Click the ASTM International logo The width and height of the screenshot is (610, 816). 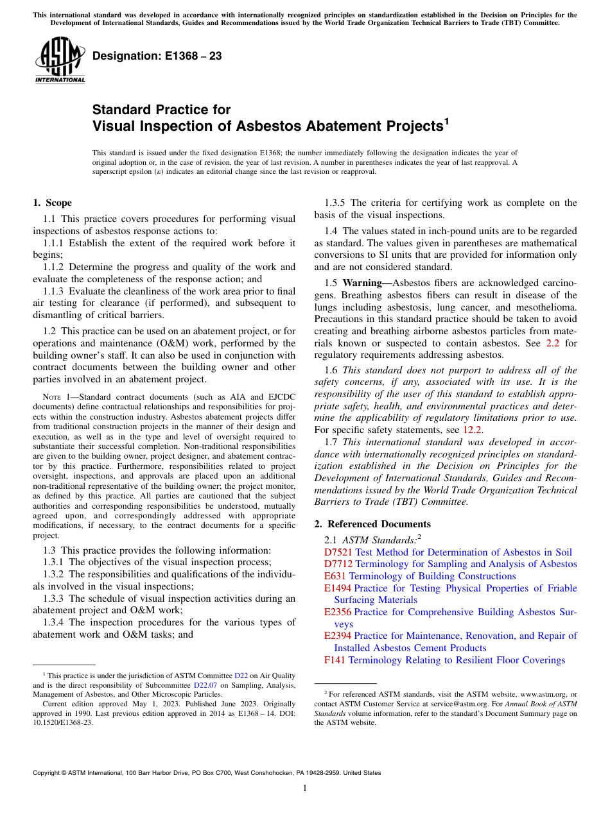(x=60, y=61)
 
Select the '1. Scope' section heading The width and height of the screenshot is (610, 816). (x=53, y=203)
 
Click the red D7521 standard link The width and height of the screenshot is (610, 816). (x=338, y=552)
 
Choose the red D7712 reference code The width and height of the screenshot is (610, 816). (x=338, y=564)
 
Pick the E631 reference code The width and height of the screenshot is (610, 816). (x=335, y=576)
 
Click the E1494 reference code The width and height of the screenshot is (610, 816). (x=338, y=588)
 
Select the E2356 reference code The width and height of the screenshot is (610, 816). (x=338, y=612)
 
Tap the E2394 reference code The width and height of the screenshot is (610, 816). (x=338, y=636)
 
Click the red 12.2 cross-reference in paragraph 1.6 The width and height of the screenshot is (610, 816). (x=473, y=430)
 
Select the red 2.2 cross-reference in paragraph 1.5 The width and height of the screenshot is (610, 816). (x=552, y=343)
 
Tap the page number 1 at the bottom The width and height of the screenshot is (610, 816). (x=305, y=788)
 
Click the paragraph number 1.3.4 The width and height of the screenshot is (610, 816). (x=55, y=622)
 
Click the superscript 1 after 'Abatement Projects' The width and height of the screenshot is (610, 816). (x=447, y=121)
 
